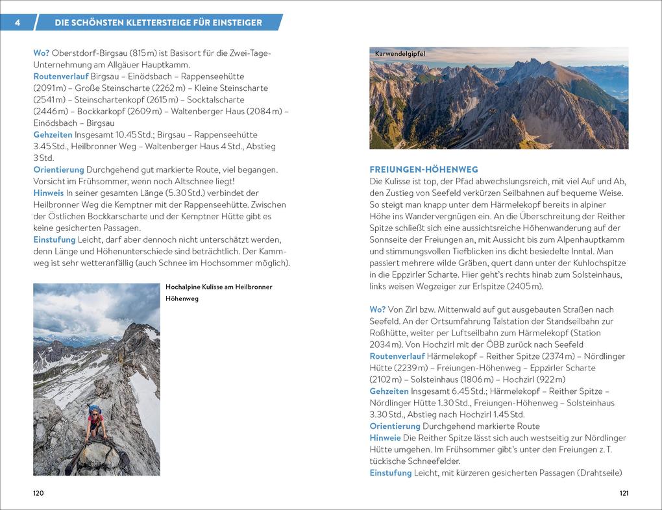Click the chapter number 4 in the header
(17, 23)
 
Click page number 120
(39, 493)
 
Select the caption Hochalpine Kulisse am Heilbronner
(219, 287)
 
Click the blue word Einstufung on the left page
(55, 239)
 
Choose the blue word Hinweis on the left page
(48, 193)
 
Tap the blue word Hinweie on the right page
(386, 438)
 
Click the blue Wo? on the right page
(378, 310)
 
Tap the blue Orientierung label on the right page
(395, 426)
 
